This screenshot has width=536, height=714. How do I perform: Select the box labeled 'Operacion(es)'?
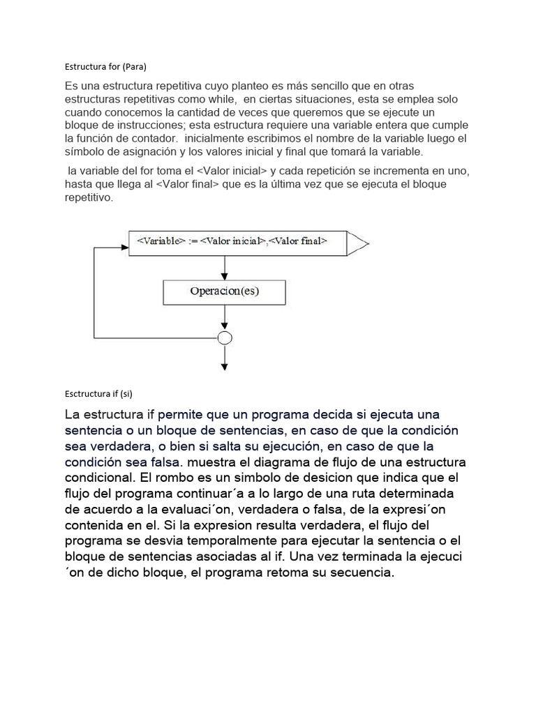[x=224, y=292]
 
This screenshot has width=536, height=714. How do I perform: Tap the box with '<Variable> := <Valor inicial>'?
[x=237, y=242]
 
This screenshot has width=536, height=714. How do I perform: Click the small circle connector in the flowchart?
[x=225, y=338]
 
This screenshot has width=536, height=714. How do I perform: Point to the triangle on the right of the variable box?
[x=357, y=243]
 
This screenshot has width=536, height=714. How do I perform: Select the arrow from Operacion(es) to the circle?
[x=224, y=318]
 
